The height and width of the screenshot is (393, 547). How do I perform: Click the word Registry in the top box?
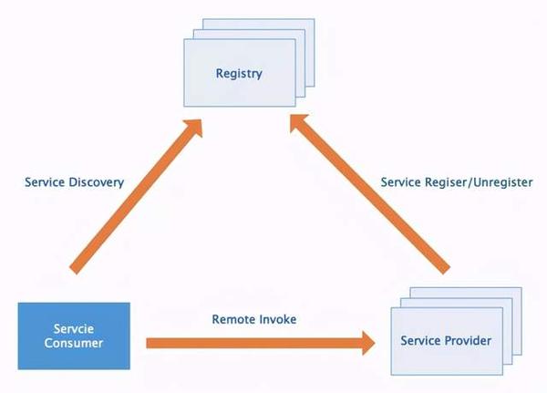pyautogui.click(x=239, y=73)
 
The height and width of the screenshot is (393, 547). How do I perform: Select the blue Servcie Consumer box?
pyautogui.click(x=77, y=336)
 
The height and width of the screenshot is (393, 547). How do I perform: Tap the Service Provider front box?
pyautogui.click(x=446, y=341)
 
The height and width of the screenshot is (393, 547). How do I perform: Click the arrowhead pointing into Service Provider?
pyautogui.click(x=366, y=344)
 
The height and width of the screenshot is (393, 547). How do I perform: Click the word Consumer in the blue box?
pyautogui.click(x=77, y=344)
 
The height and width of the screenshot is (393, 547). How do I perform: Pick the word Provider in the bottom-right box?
pyautogui.click(x=469, y=341)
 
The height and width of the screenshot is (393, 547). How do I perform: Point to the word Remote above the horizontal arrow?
pyautogui.click(x=231, y=320)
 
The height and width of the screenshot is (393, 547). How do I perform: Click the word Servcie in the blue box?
pyautogui.click(x=77, y=329)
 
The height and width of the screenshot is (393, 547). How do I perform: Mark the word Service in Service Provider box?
pyautogui.click(x=422, y=341)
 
